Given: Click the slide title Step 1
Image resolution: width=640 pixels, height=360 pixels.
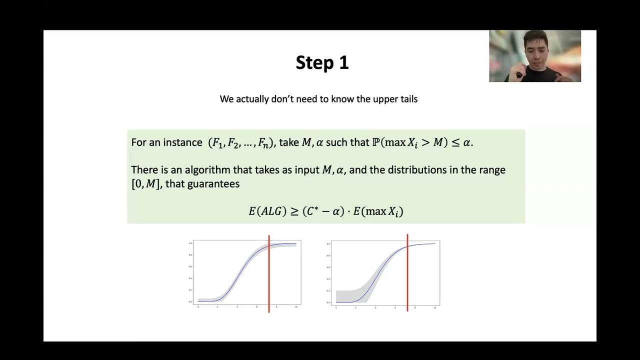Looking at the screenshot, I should point(322,63).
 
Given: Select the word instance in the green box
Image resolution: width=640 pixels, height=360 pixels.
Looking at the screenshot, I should point(182,142).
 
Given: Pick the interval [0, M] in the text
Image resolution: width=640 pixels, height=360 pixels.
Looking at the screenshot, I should point(145,184).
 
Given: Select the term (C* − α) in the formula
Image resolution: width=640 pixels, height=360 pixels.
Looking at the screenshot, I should point(323,211).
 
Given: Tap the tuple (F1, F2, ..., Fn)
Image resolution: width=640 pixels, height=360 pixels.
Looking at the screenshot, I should point(241,143).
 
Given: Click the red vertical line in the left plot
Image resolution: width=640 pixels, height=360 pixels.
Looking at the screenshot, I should point(269,280).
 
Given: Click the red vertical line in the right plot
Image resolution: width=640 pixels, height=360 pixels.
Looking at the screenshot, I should point(407,280).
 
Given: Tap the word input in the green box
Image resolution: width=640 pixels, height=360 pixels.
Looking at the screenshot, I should point(305,170).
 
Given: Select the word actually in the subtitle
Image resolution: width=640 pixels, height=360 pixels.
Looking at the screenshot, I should point(253,99).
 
